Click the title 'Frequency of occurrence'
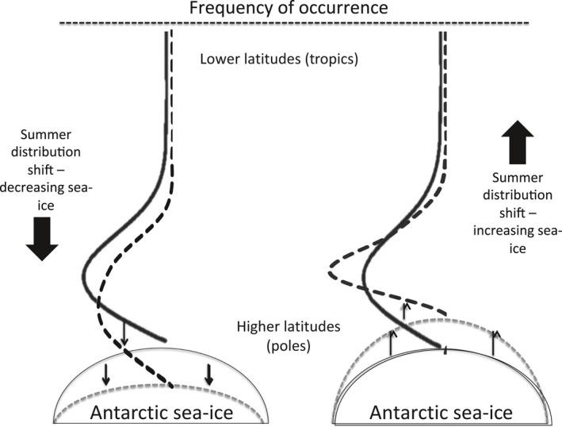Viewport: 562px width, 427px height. (281, 10)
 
